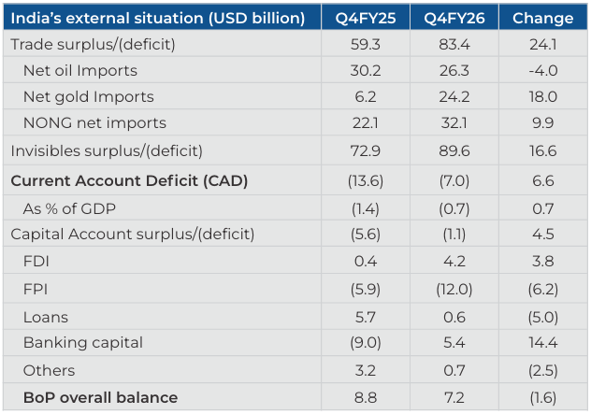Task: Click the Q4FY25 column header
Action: pyautogui.click(x=366, y=18)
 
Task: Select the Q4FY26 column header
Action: pyautogui.click(x=454, y=18)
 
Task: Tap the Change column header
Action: pyautogui.click(x=542, y=18)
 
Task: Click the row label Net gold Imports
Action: pyautogui.click(x=89, y=97)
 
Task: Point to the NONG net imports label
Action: pyautogui.click(x=94, y=122)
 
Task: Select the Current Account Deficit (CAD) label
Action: pyautogui.click(x=129, y=180)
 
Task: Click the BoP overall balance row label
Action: pyautogui.click(x=100, y=398)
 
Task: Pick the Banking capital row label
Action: pyautogui.click(x=83, y=343)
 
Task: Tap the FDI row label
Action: pyautogui.click(x=36, y=261)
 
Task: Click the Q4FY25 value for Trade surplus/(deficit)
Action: pyautogui.click(x=366, y=45)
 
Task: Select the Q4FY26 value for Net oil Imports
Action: pyautogui.click(x=454, y=70)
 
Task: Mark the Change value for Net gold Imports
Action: pyautogui.click(x=542, y=97)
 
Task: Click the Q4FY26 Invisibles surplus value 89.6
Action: pyautogui.click(x=454, y=151)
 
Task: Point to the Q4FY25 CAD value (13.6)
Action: pyautogui.click(x=366, y=180)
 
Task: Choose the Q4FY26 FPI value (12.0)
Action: pyautogui.click(x=454, y=290)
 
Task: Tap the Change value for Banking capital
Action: pyautogui.click(x=542, y=342)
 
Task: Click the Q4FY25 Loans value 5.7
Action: pyautogui.click(x=366, y=317)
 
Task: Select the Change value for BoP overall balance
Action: pyautogui.click(x=542, y=398)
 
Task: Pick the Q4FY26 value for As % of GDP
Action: pyautogui.click(x=454, y=208)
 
